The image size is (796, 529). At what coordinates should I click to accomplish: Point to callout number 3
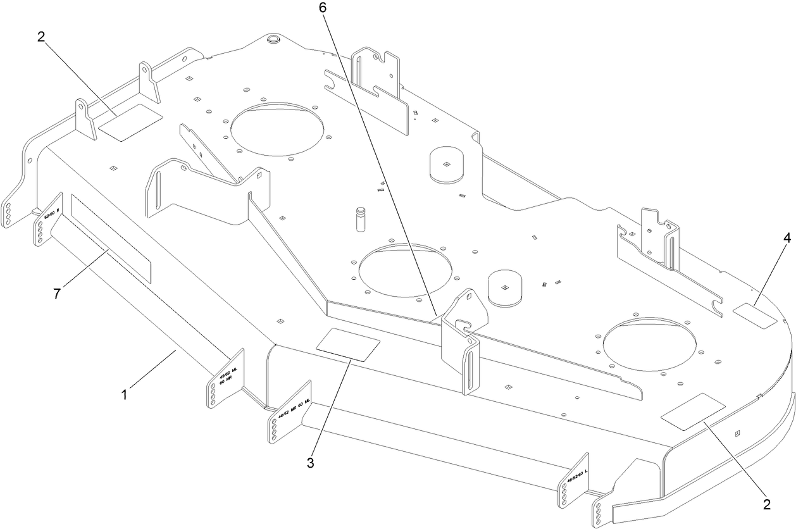pyautogui.click(x=311, y=463)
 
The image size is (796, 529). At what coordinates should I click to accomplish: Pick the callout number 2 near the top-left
pyautogui.click(x=40, y=37)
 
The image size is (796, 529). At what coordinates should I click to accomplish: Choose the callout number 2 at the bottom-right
pyautogui.click(x=766, y=504)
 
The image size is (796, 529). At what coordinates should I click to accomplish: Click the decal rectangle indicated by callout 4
pyautogui.click(x=754, y=315)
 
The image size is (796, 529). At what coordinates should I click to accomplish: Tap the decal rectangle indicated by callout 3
pyautogui.click(x=348, y=344)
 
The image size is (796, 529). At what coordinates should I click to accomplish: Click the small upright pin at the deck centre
pyautogui.click(x=362, y=218)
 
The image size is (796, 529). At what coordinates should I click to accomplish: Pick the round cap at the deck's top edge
pyautogui.click(x=273, y=39)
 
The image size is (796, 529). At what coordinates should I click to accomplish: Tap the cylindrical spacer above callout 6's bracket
pyautogui.click(x=505, y=289)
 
